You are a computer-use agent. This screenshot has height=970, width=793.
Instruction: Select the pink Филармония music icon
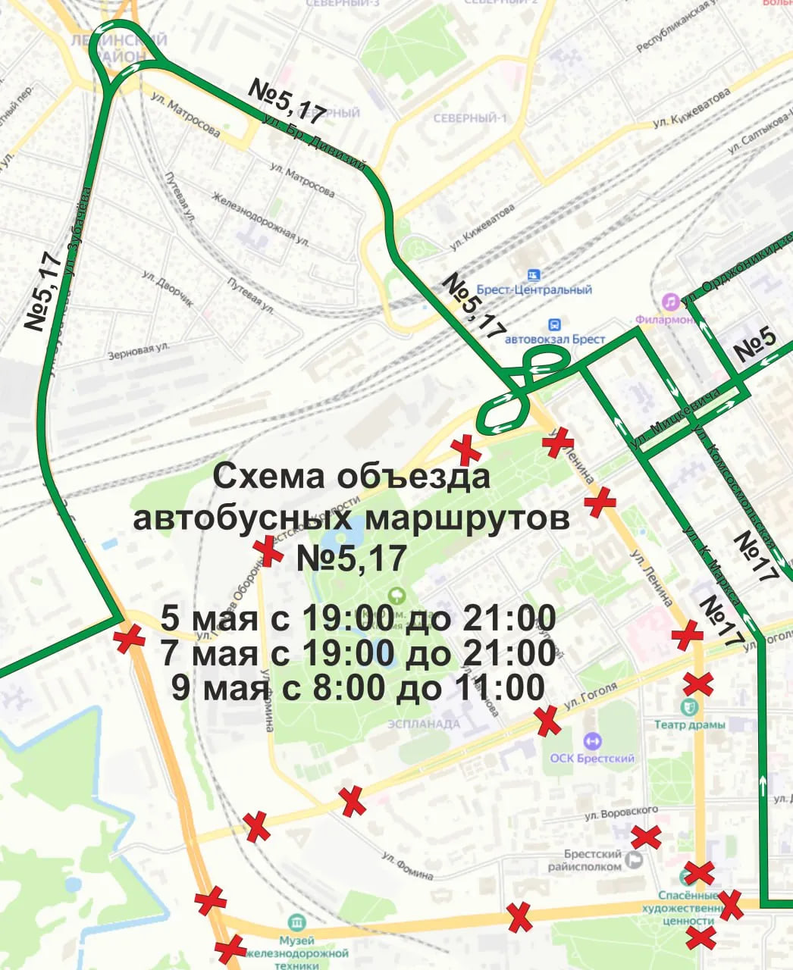[x=669, y=302]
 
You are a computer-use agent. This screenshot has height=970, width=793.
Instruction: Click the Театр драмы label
[x=690, y=724]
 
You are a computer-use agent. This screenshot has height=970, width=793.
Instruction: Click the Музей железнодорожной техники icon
[x=296, y=922]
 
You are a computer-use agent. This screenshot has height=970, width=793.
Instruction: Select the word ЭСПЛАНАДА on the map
[x=424, y=724]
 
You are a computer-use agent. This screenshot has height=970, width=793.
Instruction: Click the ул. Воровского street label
[x=621, y=813]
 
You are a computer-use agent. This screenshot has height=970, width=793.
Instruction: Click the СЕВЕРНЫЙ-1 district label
[x=469, y=118]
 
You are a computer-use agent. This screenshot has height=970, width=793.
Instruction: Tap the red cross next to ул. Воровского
[x=646, y=837]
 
